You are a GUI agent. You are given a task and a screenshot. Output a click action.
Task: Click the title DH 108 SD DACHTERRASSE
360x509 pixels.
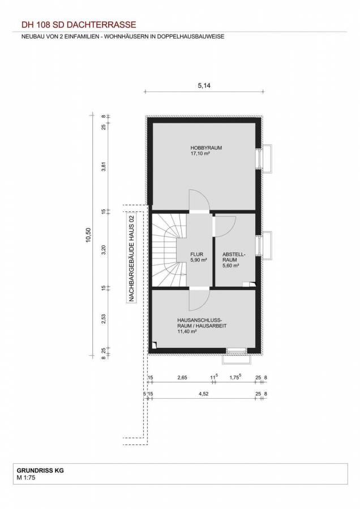pyautogui.click(x=79, y=25)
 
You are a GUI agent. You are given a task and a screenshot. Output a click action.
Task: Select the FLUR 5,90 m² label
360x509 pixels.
pyautogui.click(x=199, y=257)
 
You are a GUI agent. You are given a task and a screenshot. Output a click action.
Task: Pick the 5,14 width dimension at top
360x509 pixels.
pyautogui.click(x=204, y=86)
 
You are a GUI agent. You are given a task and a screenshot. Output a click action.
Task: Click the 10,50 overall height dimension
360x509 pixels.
pyautogui.click(x=88, y=235)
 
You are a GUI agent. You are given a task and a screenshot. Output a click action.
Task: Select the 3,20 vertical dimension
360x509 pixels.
pyautogui.click(x=104, y=249)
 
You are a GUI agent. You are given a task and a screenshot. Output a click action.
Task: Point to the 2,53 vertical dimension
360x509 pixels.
pyautogui.click(x=104, y=319)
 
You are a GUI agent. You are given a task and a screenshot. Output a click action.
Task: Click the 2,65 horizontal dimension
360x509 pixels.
pyautogui.click(x=182, y=378)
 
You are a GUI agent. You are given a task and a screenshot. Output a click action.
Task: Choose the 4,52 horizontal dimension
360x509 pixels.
pyautogui.click(x=203, y=394)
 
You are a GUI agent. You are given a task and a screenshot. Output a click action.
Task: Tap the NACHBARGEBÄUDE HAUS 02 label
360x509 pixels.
pyautogui.click(x=131, y=258)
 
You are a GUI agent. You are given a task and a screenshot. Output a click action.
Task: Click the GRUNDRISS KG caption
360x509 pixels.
pyautogui.click(x=40, y=471)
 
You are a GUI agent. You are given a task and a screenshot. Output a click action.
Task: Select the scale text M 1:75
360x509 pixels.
pyautogui.click(x=26, y=477)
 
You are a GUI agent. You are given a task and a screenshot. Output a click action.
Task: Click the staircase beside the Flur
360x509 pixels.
pyautogui.click(x=169, y=249)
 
